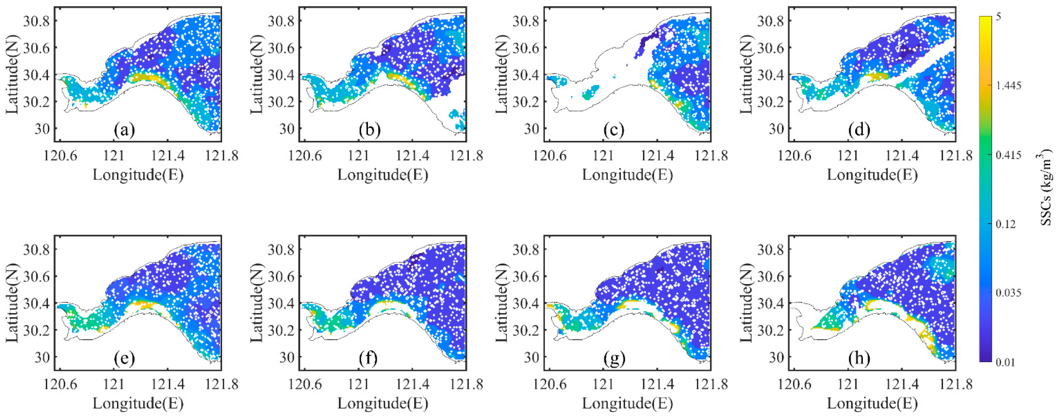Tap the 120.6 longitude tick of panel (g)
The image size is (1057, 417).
click(550, 385)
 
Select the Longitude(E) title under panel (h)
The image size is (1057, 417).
click(872, 404)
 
